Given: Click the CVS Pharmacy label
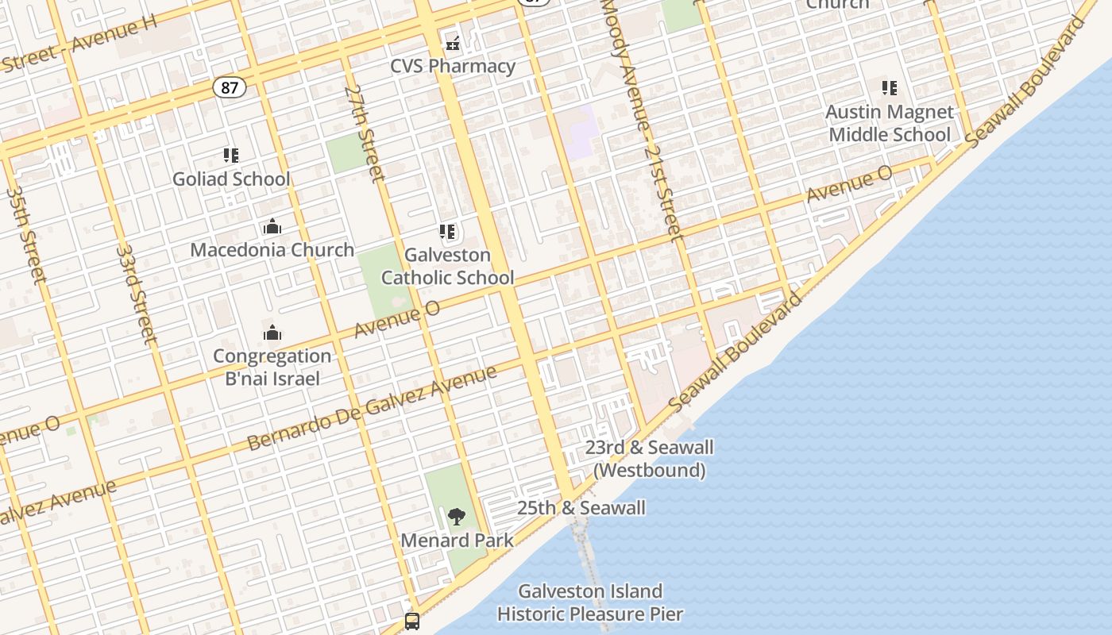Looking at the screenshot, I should click(453, 66).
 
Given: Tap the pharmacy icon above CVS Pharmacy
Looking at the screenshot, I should click(453, 44).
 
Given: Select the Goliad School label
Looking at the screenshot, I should click(231, 179).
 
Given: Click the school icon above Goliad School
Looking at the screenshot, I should click(231, 156).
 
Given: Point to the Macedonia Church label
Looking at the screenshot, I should click(272, 250).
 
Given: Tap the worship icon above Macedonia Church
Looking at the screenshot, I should click(272, 227).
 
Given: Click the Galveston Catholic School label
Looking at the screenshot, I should click(448, 266).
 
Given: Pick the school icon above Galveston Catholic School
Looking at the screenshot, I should click(448, 232).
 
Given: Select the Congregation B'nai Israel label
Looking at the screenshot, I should click(272, 367).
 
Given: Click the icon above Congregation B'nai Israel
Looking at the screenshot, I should click(272, 333).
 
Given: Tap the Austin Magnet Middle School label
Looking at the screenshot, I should click(890, 123).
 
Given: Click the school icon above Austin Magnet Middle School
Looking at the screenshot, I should click(890, 88).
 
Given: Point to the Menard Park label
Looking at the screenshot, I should click(457, 541).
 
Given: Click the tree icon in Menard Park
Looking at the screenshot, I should click(457, 518).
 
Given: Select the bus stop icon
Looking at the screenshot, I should click(412, 621).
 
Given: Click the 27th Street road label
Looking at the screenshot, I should click(365, 133).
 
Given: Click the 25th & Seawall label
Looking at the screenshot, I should click(581, 508).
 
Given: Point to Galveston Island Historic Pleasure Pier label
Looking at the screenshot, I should click(590, 602).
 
